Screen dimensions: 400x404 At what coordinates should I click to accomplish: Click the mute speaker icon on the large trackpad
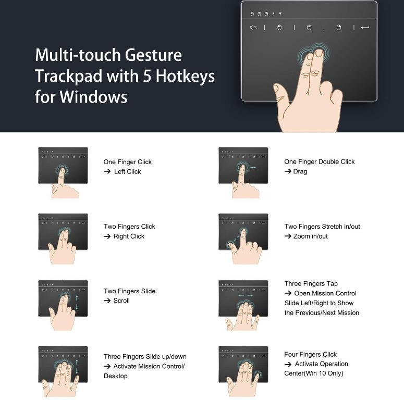click(253, 27)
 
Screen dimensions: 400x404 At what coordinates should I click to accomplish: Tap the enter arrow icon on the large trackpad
click(365, 27)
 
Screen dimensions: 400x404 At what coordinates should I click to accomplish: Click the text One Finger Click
click(127, 162)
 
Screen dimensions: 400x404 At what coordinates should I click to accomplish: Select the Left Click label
click(128, 171)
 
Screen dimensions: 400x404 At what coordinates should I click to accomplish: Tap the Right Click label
click(129, 236)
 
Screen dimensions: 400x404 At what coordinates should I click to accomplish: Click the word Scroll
click(121, 301)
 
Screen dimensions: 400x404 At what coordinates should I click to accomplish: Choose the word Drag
click(300, 171)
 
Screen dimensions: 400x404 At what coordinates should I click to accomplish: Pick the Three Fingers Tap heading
click(311, 284)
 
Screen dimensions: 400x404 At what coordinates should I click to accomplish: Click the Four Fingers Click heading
click(310, 355)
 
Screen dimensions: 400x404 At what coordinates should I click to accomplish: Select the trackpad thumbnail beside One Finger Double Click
click(243, 166)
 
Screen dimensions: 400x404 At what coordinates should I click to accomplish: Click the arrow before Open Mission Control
click(288, 293)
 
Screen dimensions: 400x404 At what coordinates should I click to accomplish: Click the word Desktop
click(115, 376)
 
